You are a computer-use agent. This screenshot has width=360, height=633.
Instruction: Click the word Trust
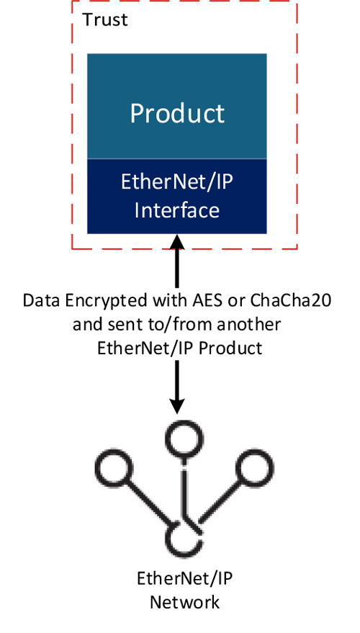coord(105,19)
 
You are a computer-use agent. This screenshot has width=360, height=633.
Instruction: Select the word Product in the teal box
coord(177,113)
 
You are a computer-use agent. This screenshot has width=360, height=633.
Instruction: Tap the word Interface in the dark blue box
coord(177,211)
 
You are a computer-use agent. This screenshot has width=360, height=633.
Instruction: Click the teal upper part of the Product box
coord(177,79)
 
